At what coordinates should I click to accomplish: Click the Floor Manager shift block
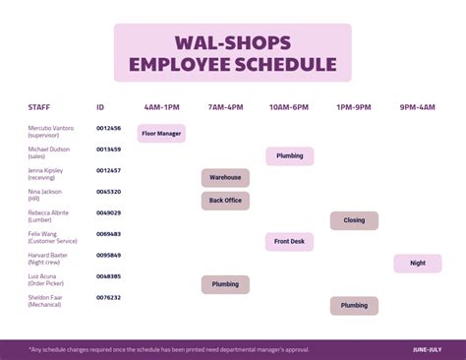tap(161, 133)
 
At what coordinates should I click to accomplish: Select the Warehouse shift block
tap(225, 178)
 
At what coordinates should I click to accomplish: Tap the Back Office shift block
tap(225, 201)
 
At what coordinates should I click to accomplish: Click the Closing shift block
tap(354, 220)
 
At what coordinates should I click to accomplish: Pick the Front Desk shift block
tap(289, 241)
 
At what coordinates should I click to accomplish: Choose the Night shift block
tap(418, 263)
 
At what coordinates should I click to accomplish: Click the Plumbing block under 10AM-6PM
tap(289, 155)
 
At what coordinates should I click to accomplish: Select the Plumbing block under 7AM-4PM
tap(225, 284)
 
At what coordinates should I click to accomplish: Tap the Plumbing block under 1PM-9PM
tap(354, 305)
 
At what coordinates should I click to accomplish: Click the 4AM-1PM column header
tap(161, 106)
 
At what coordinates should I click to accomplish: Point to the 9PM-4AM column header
tap(418, 106)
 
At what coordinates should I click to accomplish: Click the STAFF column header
tap(39, 106)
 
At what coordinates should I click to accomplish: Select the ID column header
tap(100, 106)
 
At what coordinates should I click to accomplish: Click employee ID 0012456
tap(108, 128)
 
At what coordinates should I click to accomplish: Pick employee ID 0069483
tap(108, 233)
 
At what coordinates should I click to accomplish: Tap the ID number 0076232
tap(108, 297)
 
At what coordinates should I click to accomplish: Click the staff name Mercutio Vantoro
tap(51, 128)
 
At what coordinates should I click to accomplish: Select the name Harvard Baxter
tap(47, 255)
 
